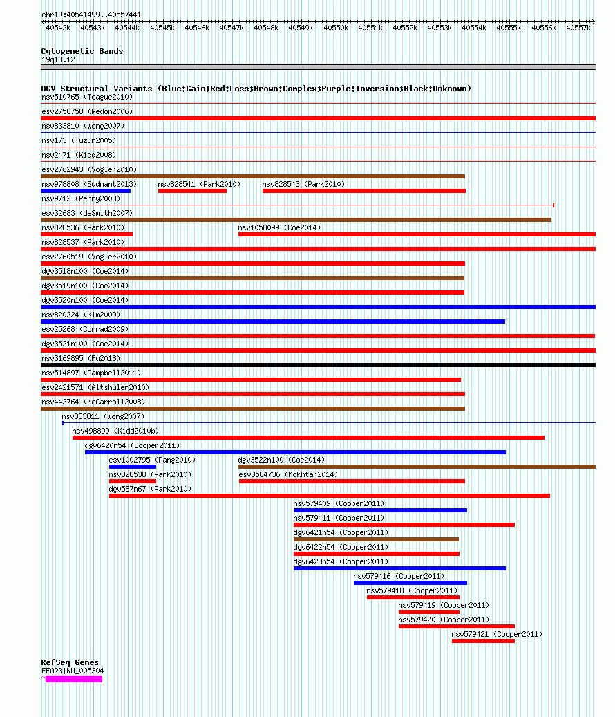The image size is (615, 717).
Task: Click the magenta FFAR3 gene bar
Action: point(73,679)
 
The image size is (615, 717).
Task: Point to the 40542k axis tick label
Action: point(58,28)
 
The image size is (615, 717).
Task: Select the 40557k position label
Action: point(578,28)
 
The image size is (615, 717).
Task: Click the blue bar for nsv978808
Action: point(86,191)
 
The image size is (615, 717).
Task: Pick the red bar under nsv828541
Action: point(192,191)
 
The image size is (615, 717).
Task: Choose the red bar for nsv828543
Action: point(363,191)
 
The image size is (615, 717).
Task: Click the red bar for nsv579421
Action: point(483,641)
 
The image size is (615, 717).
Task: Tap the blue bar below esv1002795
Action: point(133,467)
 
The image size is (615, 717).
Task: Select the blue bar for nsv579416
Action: point(410,583)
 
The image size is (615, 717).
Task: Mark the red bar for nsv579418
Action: point(413,597)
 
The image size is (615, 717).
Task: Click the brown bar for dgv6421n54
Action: point(376,539)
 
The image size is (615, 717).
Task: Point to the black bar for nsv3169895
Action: point(318,365)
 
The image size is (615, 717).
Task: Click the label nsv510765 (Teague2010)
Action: point(86,97)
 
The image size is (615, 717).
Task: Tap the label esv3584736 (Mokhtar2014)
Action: point(288,474)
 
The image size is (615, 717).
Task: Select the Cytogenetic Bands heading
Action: point(82,51)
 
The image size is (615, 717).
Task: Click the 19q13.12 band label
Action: point(58,59)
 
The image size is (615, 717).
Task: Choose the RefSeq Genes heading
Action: point(70,662)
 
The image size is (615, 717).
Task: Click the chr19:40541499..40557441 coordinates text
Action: point(91,15)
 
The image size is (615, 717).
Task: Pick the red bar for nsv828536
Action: point(86,234)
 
